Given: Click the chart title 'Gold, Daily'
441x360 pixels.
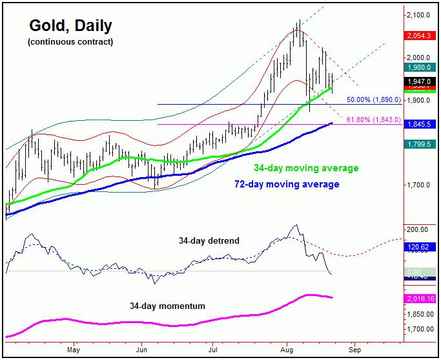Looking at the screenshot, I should pos(70,26).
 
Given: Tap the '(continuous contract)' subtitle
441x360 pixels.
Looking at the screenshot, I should pos(70,43).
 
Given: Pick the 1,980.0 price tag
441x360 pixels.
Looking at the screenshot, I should pos(420,67).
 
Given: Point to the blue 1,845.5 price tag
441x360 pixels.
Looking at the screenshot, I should pos(420,124).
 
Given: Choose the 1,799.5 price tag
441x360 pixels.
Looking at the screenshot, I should pos(420,144).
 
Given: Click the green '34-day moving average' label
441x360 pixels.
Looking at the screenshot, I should pos(305,169).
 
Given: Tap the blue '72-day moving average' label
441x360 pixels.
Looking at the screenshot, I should pos(286,185).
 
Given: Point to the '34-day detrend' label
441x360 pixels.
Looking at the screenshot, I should pos(209,240).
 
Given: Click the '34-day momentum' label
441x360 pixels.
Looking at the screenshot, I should pos(167,305).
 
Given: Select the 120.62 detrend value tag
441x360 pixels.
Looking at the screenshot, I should pos(420,247).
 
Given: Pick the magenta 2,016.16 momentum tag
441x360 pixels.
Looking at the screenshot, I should pos(420,299).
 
